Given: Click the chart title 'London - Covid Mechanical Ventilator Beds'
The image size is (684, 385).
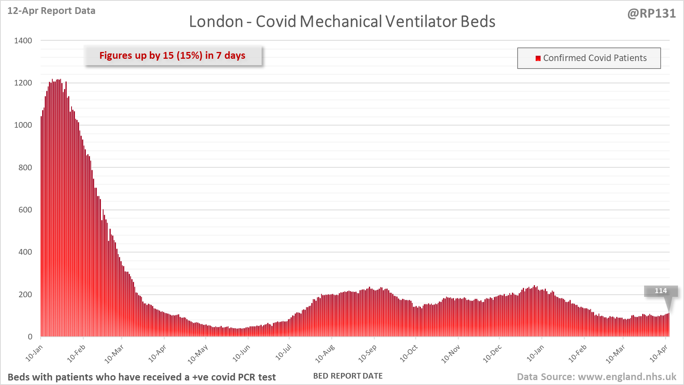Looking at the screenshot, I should [342, 21].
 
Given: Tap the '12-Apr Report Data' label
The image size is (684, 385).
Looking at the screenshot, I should [51, 11].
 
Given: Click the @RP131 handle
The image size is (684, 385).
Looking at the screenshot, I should [651, 14].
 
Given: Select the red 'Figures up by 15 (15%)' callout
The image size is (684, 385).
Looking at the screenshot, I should [172, 55].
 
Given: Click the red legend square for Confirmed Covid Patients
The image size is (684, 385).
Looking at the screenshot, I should [538, 58].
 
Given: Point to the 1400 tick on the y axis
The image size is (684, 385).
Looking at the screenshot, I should [23, 41].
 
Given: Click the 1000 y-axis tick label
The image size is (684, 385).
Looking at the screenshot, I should [23, 125].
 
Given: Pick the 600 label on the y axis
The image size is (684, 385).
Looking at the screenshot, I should [25, 210].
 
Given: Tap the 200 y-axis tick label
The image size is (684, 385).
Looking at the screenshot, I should [25, 295].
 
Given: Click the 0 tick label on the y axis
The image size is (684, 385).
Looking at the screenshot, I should [30, 337].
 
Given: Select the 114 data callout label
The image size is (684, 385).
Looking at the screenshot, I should [661, 291].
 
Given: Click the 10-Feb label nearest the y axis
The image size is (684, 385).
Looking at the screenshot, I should [76, 354].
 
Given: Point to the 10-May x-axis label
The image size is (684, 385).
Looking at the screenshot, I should [198, 354].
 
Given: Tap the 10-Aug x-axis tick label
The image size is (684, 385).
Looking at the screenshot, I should [325, 354].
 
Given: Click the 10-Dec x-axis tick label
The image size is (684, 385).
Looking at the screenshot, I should [492, 354].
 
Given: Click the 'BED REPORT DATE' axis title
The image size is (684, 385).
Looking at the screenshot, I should [348, 376].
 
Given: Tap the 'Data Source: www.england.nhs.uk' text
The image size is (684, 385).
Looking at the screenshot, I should [596, 377].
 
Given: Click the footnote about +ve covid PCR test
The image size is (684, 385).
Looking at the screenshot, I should [142, 377].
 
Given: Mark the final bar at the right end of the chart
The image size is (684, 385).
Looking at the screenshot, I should [669, 325].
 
